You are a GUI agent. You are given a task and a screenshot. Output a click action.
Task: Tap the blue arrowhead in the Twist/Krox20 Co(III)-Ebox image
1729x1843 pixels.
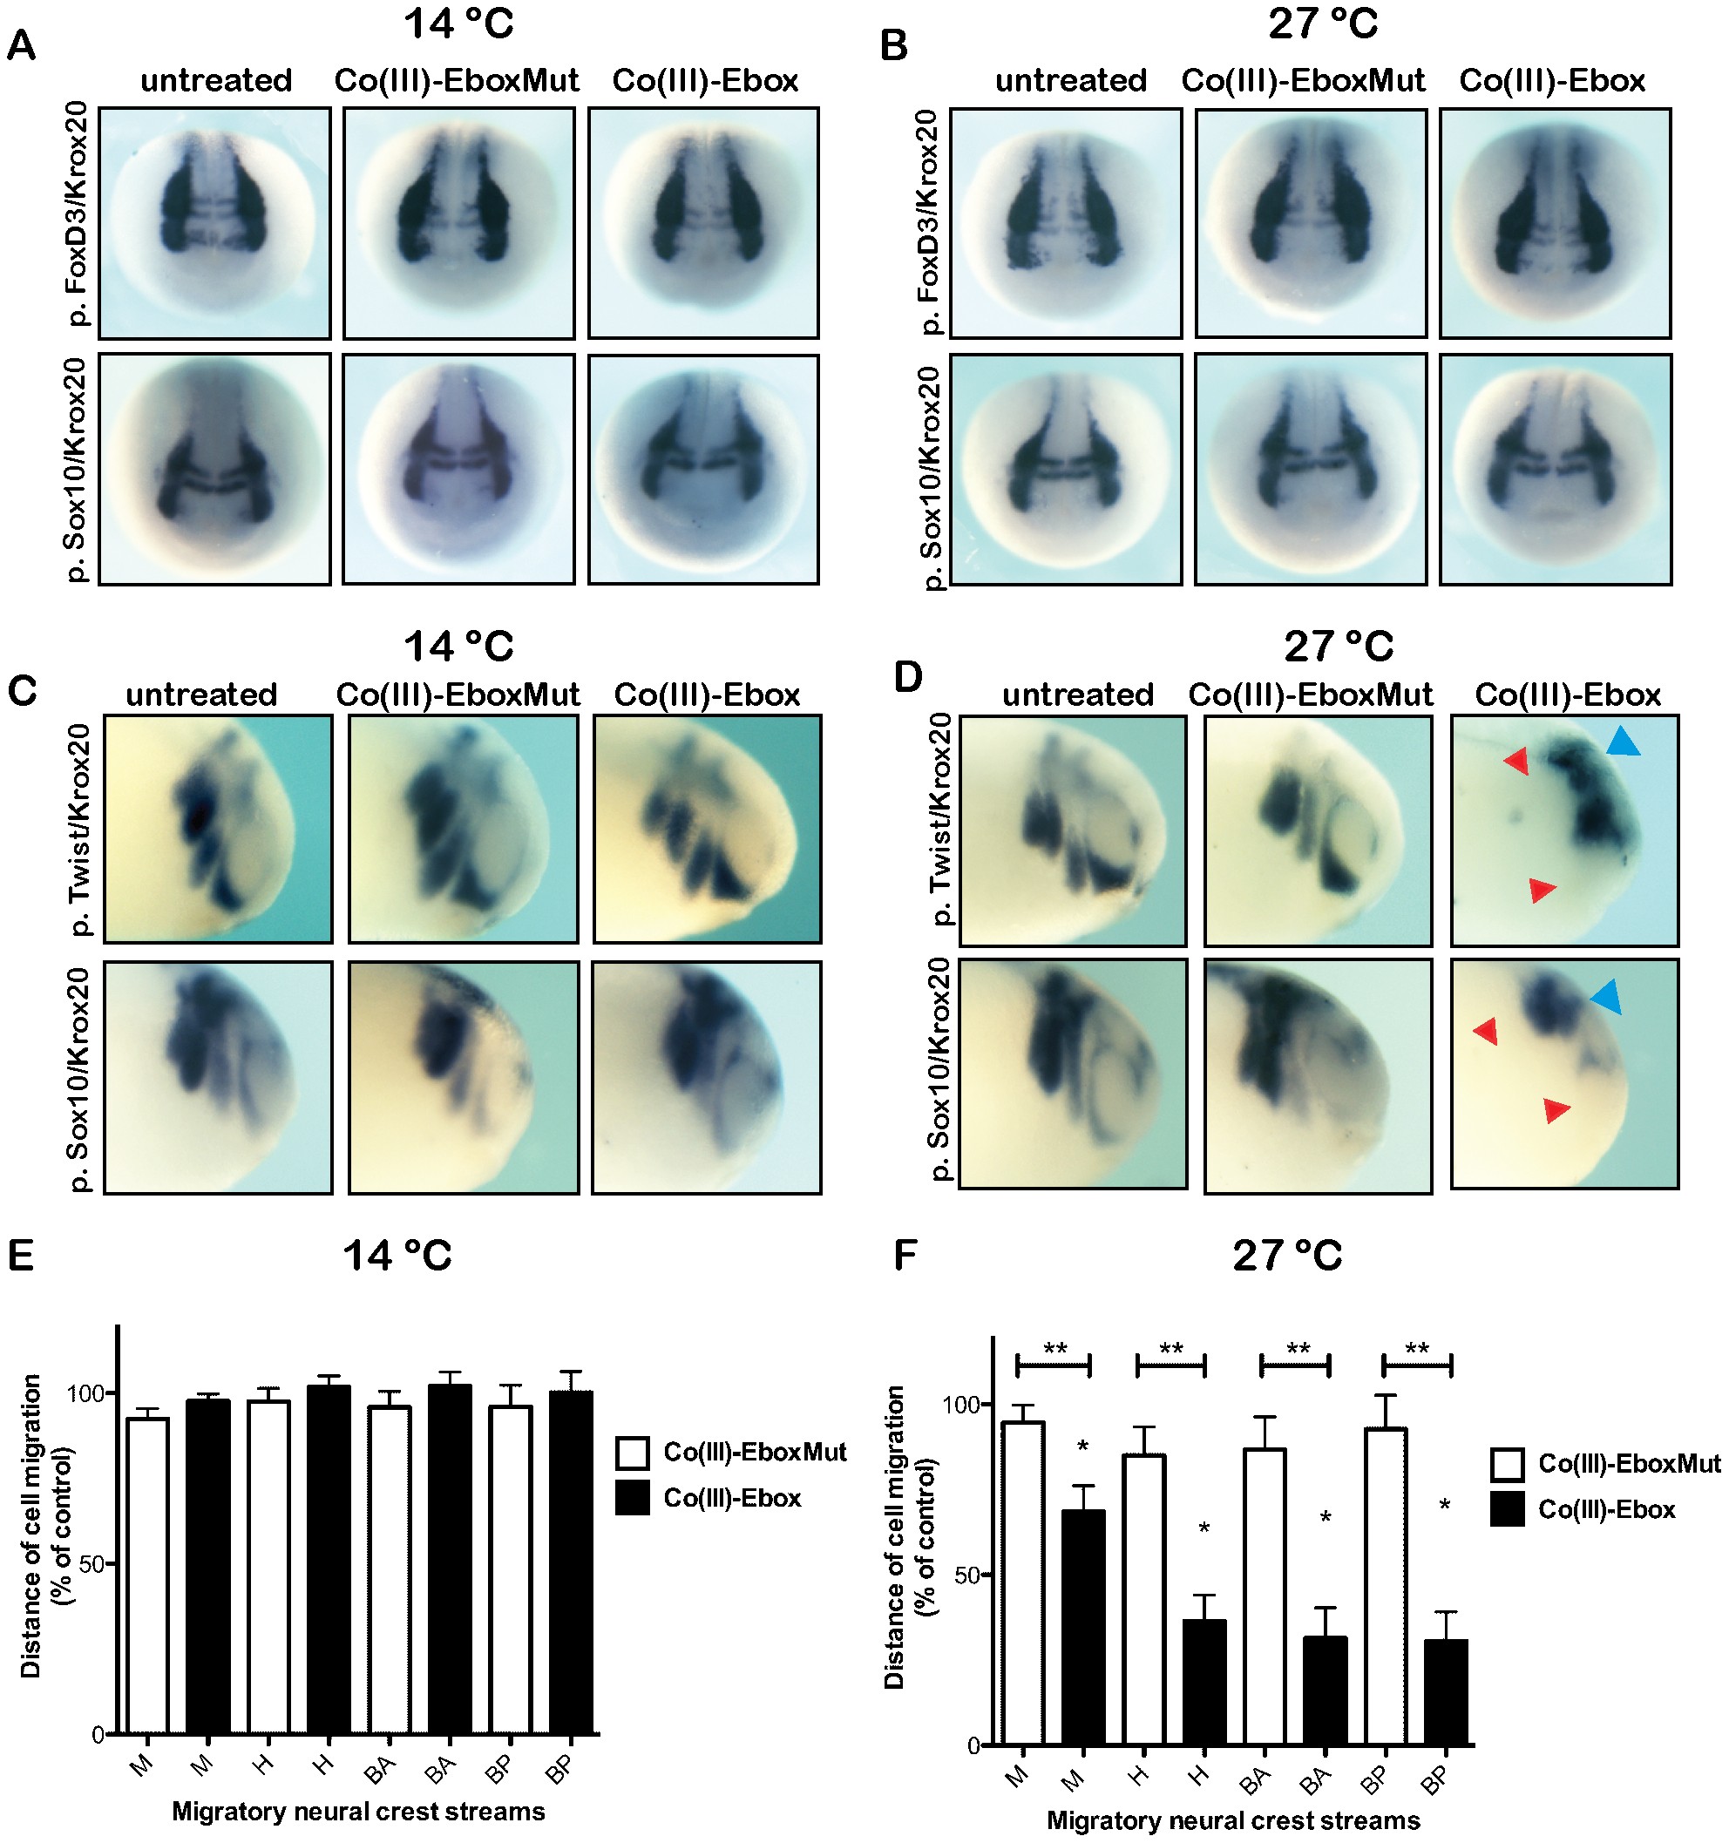click(1623, 742)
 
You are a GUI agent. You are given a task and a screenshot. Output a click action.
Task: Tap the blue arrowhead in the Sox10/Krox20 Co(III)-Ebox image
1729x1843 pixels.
click(1608, 997)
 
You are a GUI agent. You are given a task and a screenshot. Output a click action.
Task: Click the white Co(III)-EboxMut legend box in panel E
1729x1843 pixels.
click(633, 1453)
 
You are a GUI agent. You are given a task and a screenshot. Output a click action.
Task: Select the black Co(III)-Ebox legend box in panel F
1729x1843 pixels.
click(1508, 1510)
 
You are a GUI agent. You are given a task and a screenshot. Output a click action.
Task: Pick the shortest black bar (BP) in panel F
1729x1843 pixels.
click(1445, 1693)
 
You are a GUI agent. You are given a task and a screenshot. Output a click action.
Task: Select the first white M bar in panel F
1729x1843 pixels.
click(1022, 1584)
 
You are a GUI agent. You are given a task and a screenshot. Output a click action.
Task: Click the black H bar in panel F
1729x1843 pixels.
click(1204, 1683)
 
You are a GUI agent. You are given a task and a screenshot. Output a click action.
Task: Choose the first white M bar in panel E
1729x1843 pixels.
click(147, 1576)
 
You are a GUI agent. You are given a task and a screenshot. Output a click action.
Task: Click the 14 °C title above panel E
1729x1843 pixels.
click(397, 1257)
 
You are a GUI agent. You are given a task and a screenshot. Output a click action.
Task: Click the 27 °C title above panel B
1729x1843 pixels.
click(1322, 24)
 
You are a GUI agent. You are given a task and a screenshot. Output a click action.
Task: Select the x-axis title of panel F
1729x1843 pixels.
click(1233, 1820)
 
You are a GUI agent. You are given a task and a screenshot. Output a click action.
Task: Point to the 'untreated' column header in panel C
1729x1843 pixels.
click(201, 695)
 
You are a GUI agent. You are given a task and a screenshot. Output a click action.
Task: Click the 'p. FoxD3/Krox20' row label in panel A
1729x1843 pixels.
click(78, 213)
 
